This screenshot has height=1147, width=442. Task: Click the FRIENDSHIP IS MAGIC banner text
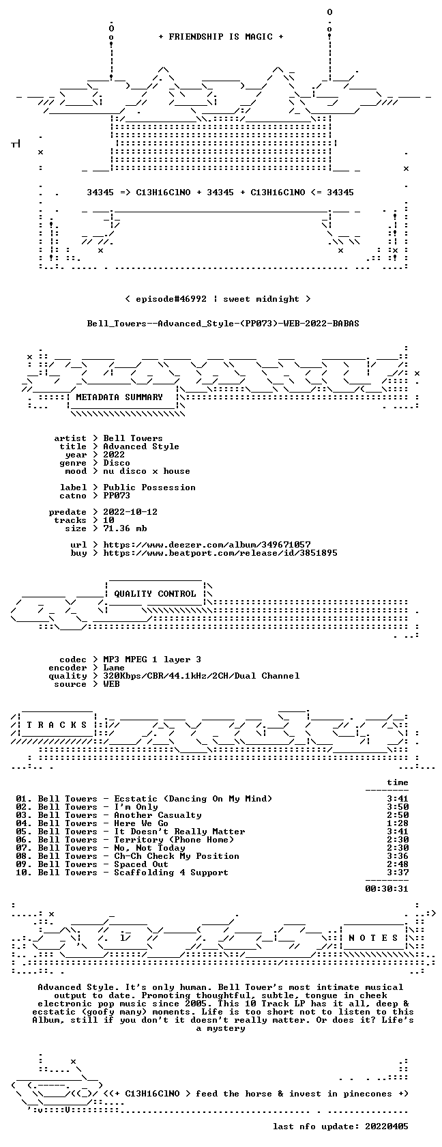point(221,37)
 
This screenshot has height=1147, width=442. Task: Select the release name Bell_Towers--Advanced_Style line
point(223,324)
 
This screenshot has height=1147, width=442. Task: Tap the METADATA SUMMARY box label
point(119,397)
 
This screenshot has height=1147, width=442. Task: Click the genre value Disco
point(117,463)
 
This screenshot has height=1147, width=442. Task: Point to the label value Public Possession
point(149,487)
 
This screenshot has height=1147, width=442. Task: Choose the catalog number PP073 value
point(117,496)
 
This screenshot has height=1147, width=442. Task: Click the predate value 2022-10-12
point(130,512)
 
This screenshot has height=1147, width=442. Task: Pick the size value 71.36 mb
point(125,528)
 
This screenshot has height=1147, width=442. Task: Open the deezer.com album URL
point(207,545)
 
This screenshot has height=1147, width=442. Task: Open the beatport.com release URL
point(220,553)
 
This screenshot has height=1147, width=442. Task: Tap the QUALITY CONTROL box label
point(155,594)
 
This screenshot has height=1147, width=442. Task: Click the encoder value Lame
point(114,668)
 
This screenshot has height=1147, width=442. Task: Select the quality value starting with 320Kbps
point(202,676)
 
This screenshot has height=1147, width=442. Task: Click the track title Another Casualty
point(158,815)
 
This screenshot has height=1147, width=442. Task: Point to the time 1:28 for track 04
point(398,823)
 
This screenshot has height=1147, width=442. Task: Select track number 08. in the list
point(24,856)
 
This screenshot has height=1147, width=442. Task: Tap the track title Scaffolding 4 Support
point(171,873)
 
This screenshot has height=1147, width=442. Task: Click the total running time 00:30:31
point(387,889)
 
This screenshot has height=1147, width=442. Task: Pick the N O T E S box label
point(374,938)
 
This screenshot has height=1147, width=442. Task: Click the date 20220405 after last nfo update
point(387,1127)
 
